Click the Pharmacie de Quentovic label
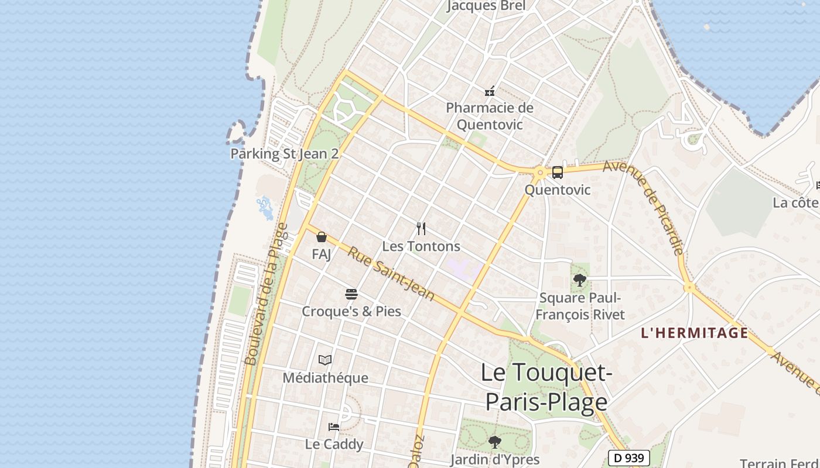coord(490,116)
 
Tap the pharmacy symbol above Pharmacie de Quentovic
coord(490,91)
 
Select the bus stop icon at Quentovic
coord(557,173)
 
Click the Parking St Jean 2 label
coord(285,154)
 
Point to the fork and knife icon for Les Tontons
coord(421,228)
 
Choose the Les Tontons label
coord(421,246)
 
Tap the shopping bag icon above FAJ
coord(321,237)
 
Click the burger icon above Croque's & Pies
coord(351,294)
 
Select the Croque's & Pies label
coord(351,311)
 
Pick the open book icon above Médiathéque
coord(325,360)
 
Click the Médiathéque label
coord(325,378)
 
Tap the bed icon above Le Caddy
coord(334,427)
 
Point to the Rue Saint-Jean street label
coord(391,274)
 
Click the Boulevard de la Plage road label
coord(266,294)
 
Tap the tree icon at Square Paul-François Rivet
coord(580,280)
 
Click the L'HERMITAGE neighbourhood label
coord(695,333)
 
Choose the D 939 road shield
coord(628,458)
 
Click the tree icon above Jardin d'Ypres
coord(495,442)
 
